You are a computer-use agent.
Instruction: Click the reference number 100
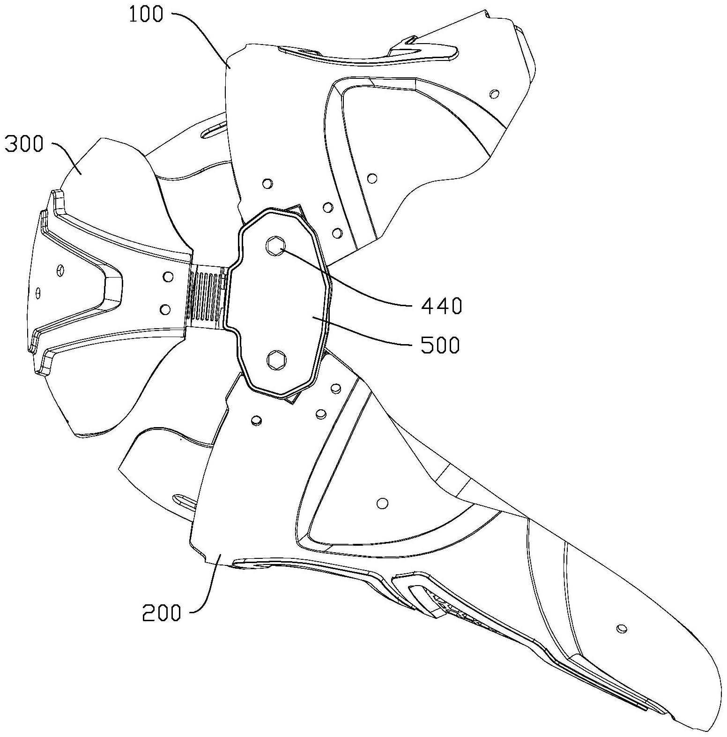click(147, 15)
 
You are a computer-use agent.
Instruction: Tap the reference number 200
click(162, 612)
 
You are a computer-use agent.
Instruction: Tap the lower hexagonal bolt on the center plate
click(275, 360)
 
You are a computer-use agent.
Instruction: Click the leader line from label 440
click(347, 277)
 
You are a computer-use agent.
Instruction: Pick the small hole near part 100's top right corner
click(493, 94)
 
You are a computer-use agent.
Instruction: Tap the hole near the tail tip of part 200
click(622, 628)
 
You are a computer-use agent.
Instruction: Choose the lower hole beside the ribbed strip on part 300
click(165, 309)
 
